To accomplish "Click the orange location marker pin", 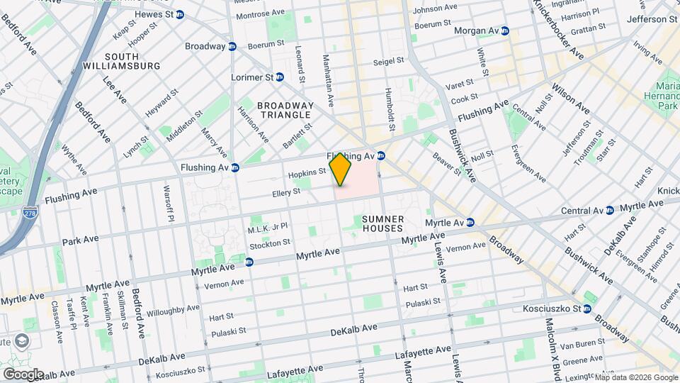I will pos(341,170).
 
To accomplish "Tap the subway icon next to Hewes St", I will pos(181,13).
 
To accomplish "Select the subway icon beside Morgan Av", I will pos(505,31).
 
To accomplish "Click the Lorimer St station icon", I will pos(280,77).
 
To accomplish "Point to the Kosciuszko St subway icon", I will pos(587,309).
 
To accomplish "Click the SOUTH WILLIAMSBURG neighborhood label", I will pos(132,61).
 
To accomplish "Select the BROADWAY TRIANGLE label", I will pos(285,110).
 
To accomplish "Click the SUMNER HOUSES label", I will pos(382,224).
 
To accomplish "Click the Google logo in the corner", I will pos(23,374).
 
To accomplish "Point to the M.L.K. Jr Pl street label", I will pos(267,227).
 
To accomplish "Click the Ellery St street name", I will pos(286,192).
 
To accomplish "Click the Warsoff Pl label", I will pos(169,203).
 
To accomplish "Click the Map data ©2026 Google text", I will pos(635,377).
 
